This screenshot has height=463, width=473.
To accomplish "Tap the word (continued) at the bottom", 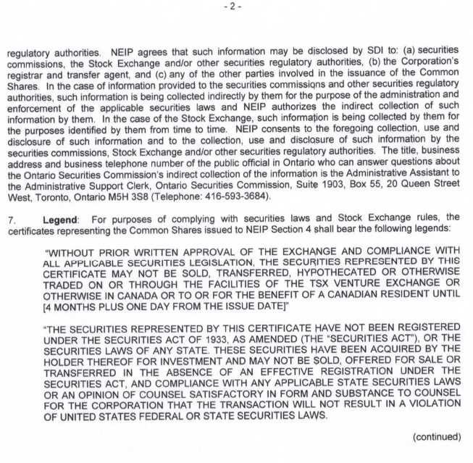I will pyautogui.click(x=436, y=436).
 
